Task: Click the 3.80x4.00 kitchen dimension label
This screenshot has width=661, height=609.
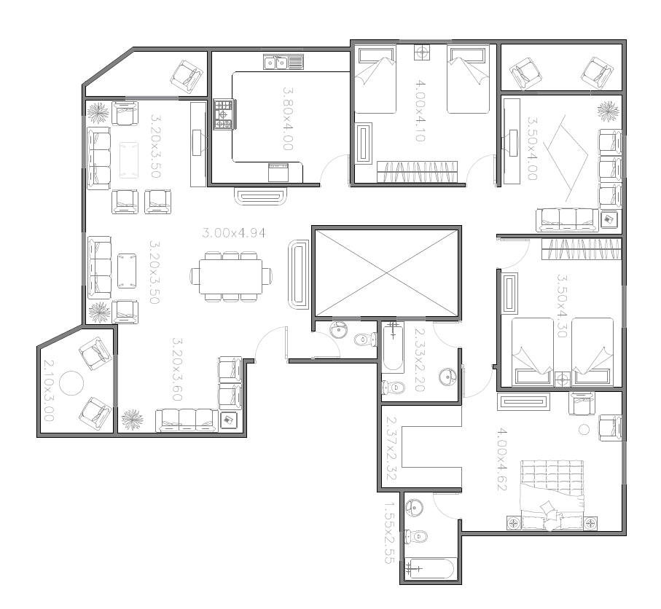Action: tap(287, 119)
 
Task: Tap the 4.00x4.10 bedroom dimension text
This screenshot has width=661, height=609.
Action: tap(421, 111)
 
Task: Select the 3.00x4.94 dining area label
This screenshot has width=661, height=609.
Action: tap(234, 232)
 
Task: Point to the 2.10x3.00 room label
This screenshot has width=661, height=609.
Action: tap(49, 390)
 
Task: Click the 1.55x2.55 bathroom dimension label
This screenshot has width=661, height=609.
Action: tap(389, 533)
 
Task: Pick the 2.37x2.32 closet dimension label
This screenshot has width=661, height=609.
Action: tap(391, 449)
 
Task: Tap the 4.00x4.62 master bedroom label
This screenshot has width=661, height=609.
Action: tap(501, 460)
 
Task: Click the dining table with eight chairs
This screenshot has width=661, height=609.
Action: tap(231, 277)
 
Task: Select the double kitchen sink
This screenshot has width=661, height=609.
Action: tap(283, 63)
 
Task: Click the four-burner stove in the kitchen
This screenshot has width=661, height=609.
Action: tap(224, 114)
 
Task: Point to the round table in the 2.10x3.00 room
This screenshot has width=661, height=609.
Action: tap(71, 383)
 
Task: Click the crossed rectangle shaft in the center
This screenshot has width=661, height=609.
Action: tap(386, 273)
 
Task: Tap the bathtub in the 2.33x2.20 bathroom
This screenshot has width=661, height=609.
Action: tap(393, 347)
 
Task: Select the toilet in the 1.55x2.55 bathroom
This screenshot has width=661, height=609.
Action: tap(416, 536)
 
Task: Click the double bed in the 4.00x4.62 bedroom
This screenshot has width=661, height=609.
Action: tap(552, 495)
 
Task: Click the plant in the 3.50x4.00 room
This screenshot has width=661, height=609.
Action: tap(609, 111)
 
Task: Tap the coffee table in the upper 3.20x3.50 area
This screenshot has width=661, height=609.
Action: tap(128, 160)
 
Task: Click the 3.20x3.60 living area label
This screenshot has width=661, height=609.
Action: tap(178, 369)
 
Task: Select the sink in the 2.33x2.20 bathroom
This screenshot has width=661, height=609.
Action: tap(447, 377)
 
